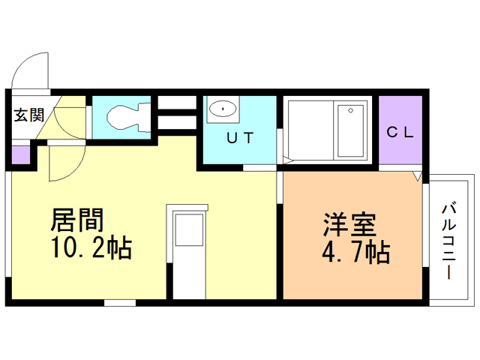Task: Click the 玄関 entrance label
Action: (x=29, y=115)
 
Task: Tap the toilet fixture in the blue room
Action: (x=128, y=118)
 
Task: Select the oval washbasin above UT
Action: (x=223, y=109)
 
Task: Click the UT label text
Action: (x=240, y=138)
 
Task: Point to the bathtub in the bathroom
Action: (x=350, y=130)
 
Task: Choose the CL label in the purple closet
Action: (x=400, y=132)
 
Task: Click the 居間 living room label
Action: (x=77, y=220)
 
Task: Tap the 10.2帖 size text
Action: (x=91, y=247)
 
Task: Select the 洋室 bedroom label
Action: (x=349, y=224)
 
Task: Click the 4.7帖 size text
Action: (x=356, y=252)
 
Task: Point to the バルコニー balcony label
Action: (x=448, y=241)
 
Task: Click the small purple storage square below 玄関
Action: (x=21, y=155)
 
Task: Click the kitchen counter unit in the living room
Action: (x=187, y=252)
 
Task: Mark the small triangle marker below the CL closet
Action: (x=417, y=176)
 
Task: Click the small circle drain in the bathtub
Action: (x=350, y=110)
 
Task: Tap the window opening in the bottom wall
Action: (x=120, y=303)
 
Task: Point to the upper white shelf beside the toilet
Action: (x=177, y=102)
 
